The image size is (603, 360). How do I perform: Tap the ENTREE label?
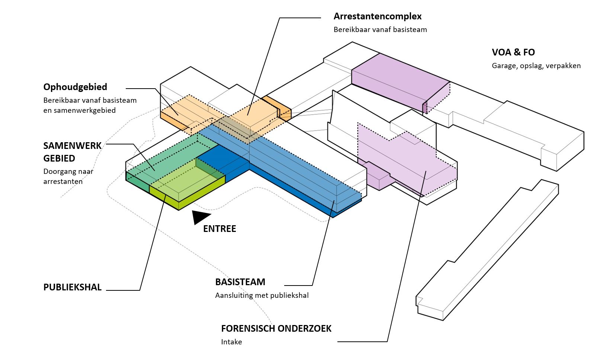(x=219, y=229)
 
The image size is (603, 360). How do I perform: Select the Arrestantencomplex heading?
(x=377, y=16)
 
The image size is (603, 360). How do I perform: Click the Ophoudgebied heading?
(x=75, y=87)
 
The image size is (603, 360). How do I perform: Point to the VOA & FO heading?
(x=513, y=52)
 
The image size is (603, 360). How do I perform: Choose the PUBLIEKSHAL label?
(x=73, y=287)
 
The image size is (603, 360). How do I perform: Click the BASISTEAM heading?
(x=240, y=282)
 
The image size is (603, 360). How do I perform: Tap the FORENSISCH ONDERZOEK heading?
(x=276, y=329)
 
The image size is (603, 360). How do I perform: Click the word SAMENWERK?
(x=73, y=146)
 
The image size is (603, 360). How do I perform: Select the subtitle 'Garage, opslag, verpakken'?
(x=536, y=66)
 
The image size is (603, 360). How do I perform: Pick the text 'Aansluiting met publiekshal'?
(x=262, y=296)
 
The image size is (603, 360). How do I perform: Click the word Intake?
(x=231, y=342)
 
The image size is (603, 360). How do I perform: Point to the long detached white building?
(x=487, y=253)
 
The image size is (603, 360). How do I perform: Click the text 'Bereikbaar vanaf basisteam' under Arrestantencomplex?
(x=380, y=29)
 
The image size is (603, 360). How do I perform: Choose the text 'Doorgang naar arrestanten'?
(x=68, y=176)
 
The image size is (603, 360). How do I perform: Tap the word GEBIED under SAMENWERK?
(x=59, y=159)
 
